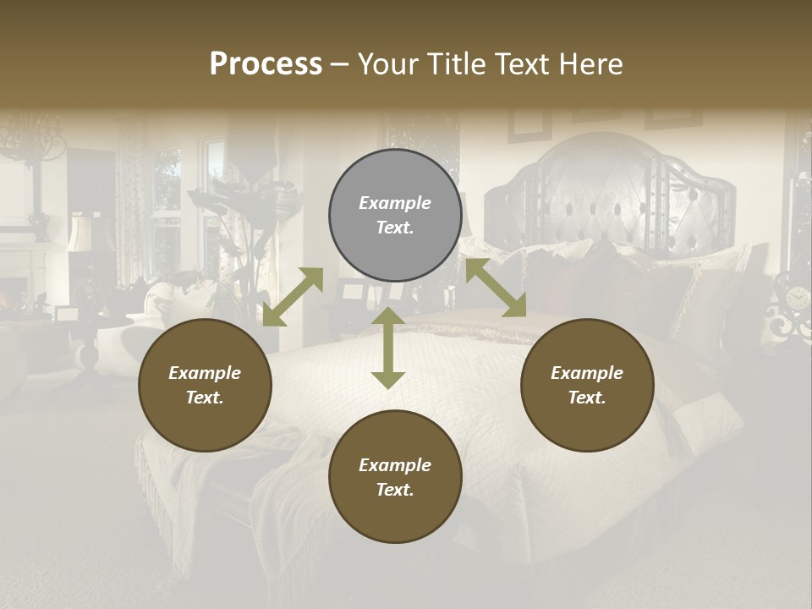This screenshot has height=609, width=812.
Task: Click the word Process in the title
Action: click(x=266, y=64)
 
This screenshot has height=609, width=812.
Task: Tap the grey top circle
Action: click(x=395, y=215)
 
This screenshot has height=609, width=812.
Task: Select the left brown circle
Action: click(x=205, y=385)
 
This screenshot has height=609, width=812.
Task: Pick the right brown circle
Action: click(x=587, y=385)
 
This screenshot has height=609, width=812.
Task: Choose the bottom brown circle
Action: click(x=395, y=477)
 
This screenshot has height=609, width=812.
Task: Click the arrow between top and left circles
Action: click(x=293, y=297)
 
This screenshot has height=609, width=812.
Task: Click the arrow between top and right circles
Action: click(x=496, y=288)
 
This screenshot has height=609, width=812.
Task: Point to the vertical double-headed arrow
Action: click(x=388, y=348)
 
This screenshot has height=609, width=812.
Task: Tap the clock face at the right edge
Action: click(x=797, y=299)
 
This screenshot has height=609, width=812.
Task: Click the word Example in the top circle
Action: click(x=395, y=203)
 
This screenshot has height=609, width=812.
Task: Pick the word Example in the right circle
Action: click(x=587, y=373)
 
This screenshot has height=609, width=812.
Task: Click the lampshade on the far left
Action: click(x=80, y=233)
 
